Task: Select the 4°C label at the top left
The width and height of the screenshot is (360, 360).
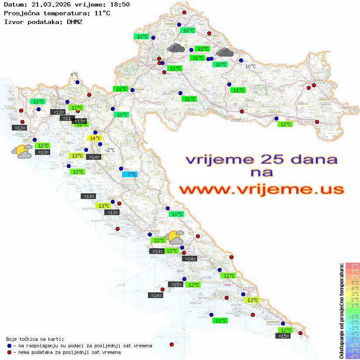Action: [x=74, y=75]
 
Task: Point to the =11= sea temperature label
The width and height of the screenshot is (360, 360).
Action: [x=67, y=118]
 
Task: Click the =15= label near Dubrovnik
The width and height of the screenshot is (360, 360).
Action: [x=283, y=336]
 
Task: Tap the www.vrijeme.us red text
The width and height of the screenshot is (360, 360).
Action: [x=261, y=189]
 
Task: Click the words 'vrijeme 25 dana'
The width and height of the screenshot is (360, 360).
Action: [x=261, y=159]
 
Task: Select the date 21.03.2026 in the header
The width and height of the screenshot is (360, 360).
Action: [x=49, y=5]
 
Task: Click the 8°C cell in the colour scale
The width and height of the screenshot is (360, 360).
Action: [x=353, y=265]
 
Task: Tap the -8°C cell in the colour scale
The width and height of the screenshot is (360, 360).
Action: [x=353, y=356]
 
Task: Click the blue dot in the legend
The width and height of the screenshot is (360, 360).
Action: [x=9, y=346]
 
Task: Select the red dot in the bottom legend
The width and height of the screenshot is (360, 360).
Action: [x=9, y=352]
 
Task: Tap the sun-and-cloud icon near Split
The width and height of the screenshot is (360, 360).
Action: [x=175, y=237]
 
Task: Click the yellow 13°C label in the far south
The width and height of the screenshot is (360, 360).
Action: [x=252, y=300]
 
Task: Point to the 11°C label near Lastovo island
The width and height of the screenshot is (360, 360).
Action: [x=221, y=321]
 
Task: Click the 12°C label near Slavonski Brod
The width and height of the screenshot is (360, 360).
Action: [x=285, y=124]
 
